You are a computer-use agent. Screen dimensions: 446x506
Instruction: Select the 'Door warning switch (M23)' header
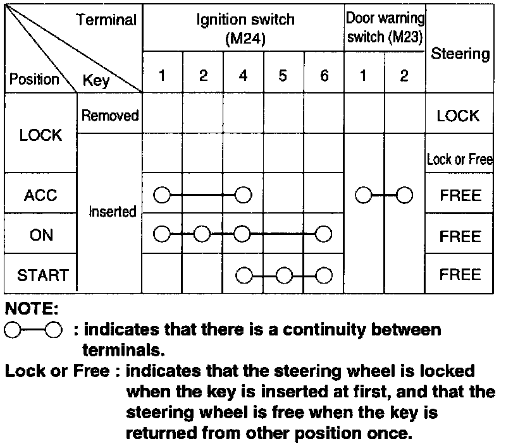[x=385, y=27]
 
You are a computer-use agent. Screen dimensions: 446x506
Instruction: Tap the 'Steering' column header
[x=460, y=54]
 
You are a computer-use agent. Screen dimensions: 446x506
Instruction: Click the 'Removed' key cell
[x=110, y=116]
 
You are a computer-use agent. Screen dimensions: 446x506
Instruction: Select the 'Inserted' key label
[x=113, y=212]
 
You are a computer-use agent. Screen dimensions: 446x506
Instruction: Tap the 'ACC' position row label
[x=40, y=195]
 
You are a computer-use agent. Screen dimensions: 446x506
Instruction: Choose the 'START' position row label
[x=42, y=275]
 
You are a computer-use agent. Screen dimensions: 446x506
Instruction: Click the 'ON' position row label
[x=41, y=235]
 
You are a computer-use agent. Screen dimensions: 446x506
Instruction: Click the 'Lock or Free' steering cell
[x=460, y=159]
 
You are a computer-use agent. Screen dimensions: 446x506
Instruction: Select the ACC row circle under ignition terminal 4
[x=243, y=195]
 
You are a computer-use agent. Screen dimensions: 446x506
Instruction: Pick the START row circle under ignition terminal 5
[x=283, y=275]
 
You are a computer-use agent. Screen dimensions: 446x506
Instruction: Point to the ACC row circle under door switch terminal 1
[x=364, y=195]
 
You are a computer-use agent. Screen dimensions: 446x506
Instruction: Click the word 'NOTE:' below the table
[x=32, y=310]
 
